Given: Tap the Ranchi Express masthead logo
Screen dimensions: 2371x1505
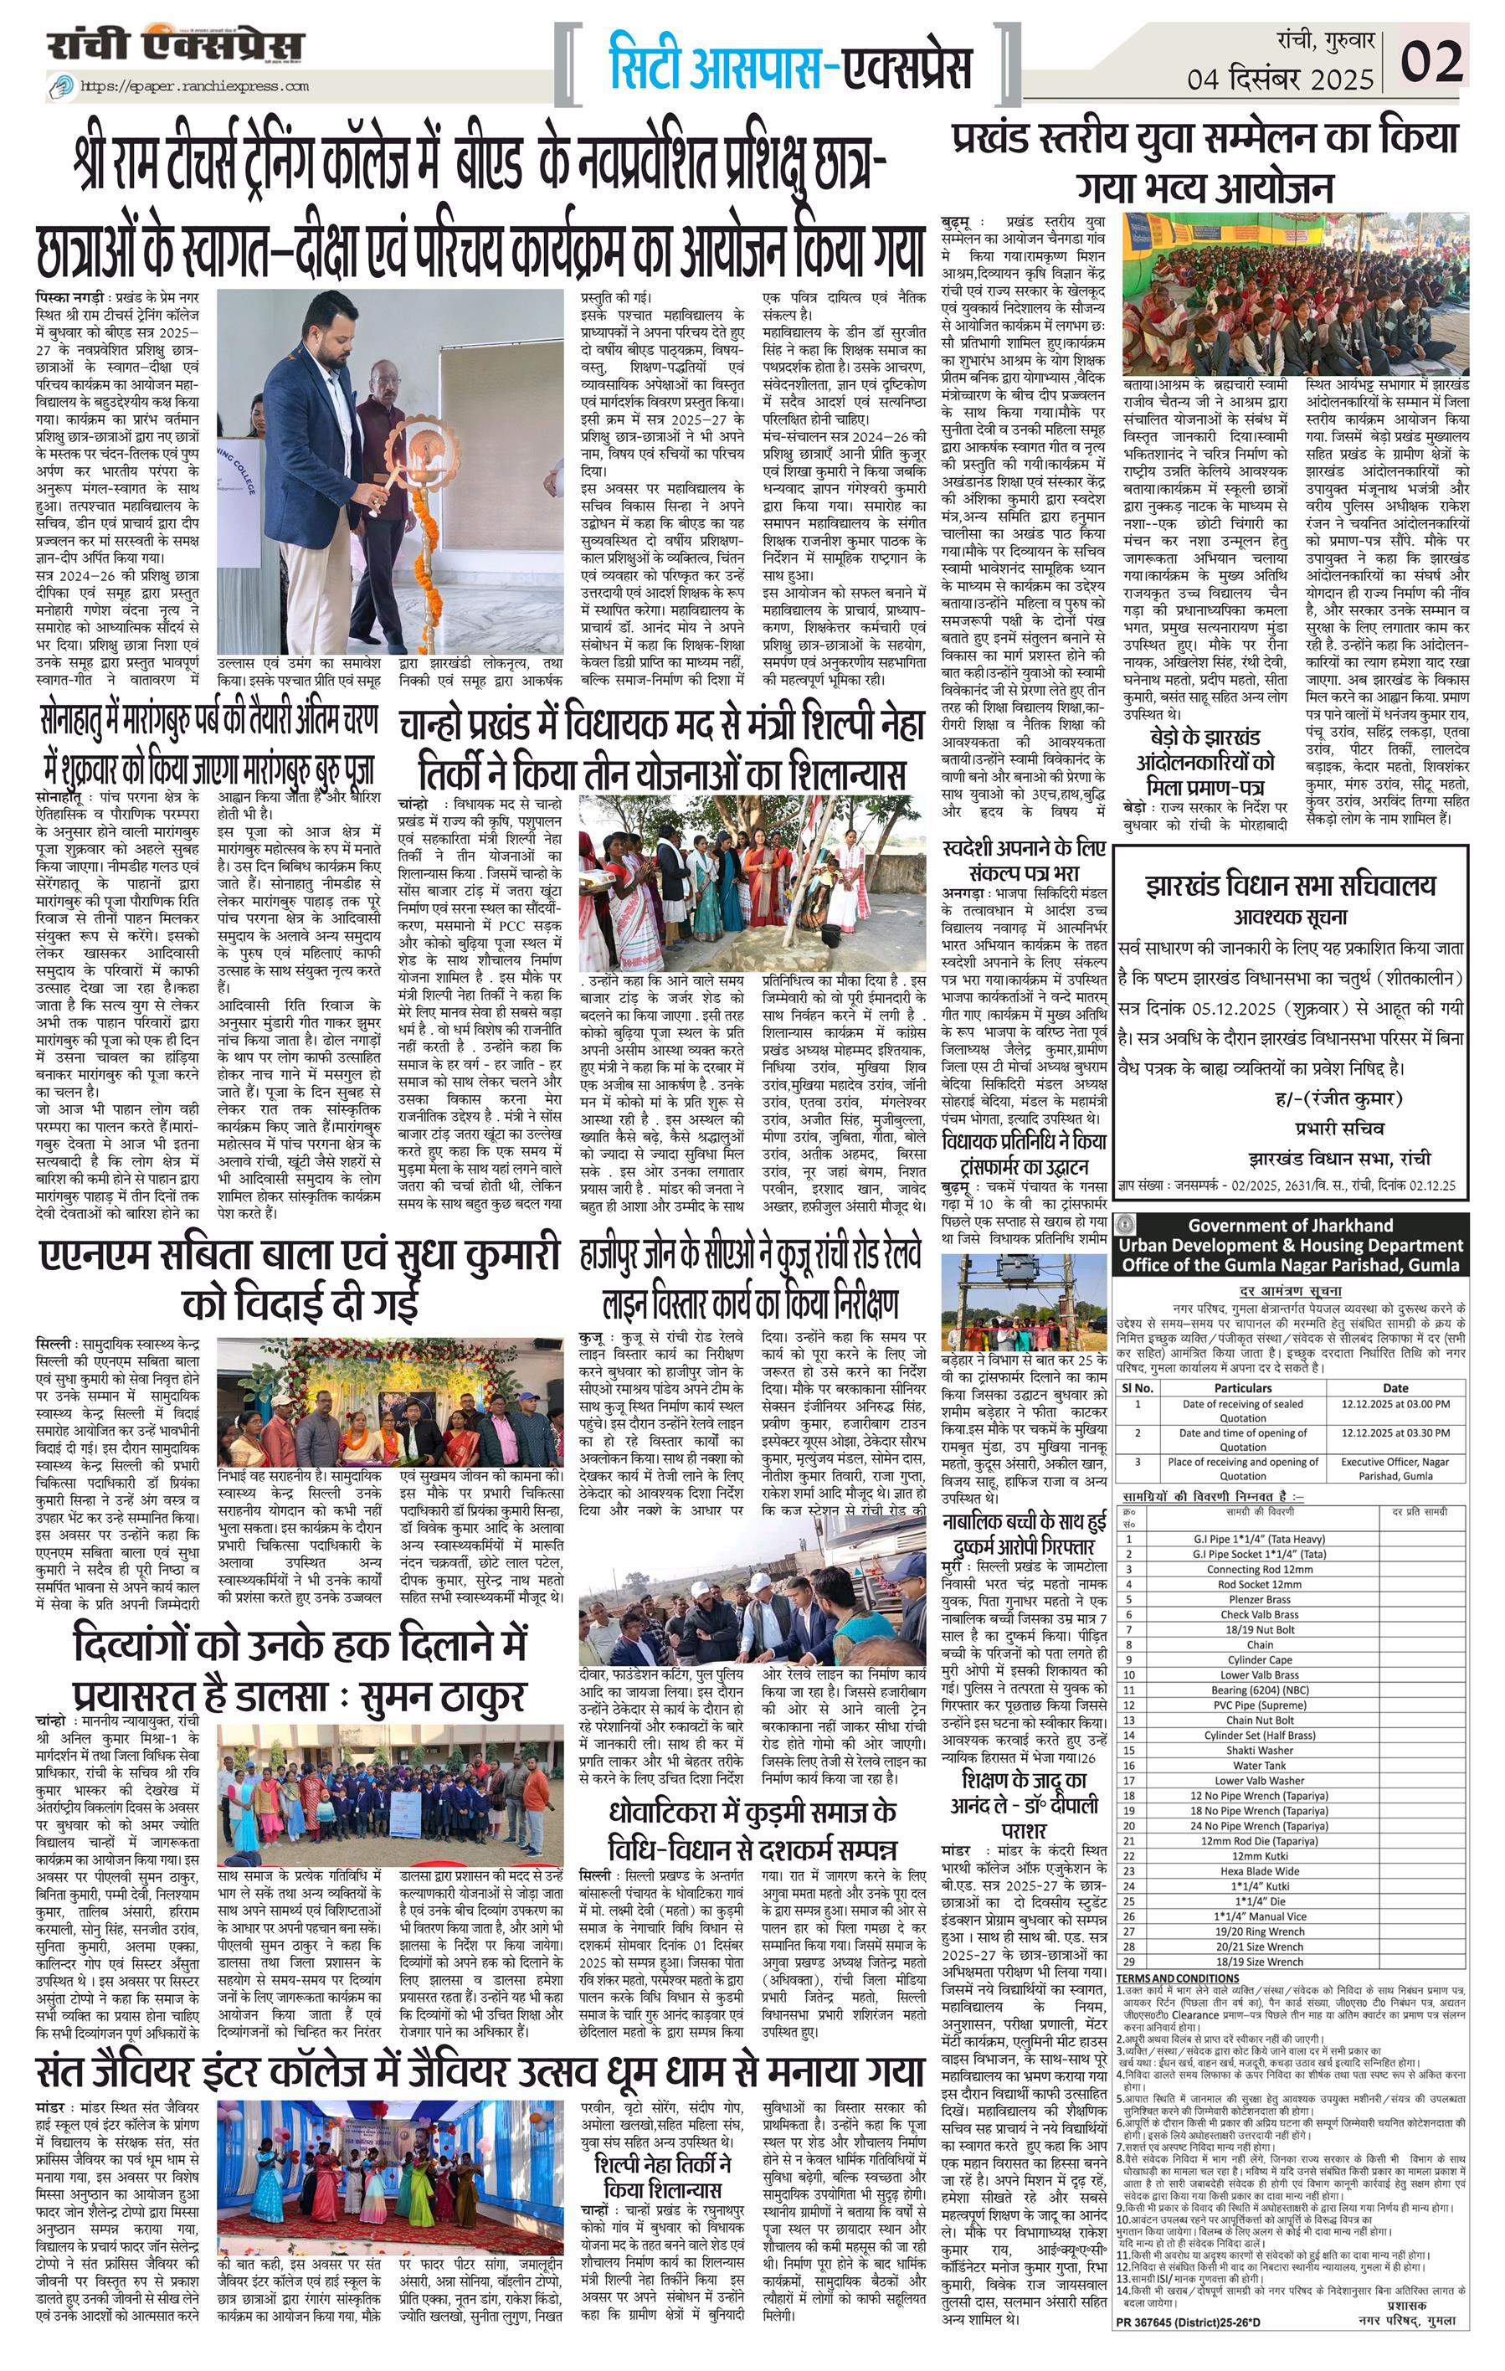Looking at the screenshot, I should pyautogui.click(x=177, y=45).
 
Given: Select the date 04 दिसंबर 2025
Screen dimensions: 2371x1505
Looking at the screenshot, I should pyautogui.click(x=1280, y=78).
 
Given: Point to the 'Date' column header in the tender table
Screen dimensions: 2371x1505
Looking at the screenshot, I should pyautogui.click(x=1394, y=1388).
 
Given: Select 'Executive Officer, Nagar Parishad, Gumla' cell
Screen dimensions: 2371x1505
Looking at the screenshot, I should pyautogui.click(x=1394, y=1468).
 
